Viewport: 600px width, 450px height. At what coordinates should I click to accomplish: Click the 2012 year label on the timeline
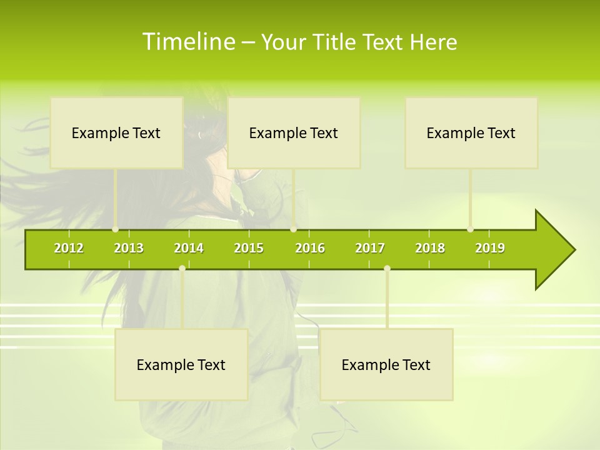click(69, 248)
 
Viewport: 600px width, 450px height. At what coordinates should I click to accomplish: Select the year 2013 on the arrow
click(129, 248)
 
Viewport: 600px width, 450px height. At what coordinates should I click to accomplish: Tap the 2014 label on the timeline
click(189, 248)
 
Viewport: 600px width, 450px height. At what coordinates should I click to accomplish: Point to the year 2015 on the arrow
click(249, 248)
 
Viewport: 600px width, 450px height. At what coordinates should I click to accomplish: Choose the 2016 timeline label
click(310, 248)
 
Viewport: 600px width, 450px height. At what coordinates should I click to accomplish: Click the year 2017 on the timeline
click(370, 248)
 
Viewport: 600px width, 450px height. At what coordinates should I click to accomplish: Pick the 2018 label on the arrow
click(430, 248)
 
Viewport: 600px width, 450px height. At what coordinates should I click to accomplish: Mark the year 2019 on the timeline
click(490, 248)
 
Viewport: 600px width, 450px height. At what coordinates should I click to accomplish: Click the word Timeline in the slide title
click(187, 42)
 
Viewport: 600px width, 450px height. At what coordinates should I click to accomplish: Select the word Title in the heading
click(337, 42)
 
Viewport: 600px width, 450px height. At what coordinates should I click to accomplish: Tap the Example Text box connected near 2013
click(116, 132)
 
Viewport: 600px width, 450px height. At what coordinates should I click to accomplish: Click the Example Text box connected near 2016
click(294, 132)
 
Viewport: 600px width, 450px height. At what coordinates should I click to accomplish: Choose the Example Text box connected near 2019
click(471, 132)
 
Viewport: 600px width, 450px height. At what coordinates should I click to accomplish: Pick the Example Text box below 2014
click(181, 364)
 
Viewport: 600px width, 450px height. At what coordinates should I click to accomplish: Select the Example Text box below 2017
click(386, 364)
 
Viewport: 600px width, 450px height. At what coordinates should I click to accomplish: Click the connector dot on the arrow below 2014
click(182, 268)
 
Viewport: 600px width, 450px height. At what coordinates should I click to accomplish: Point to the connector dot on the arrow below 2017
click(387, 268)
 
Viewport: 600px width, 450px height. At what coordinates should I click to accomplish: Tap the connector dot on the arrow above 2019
click(470, 229)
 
